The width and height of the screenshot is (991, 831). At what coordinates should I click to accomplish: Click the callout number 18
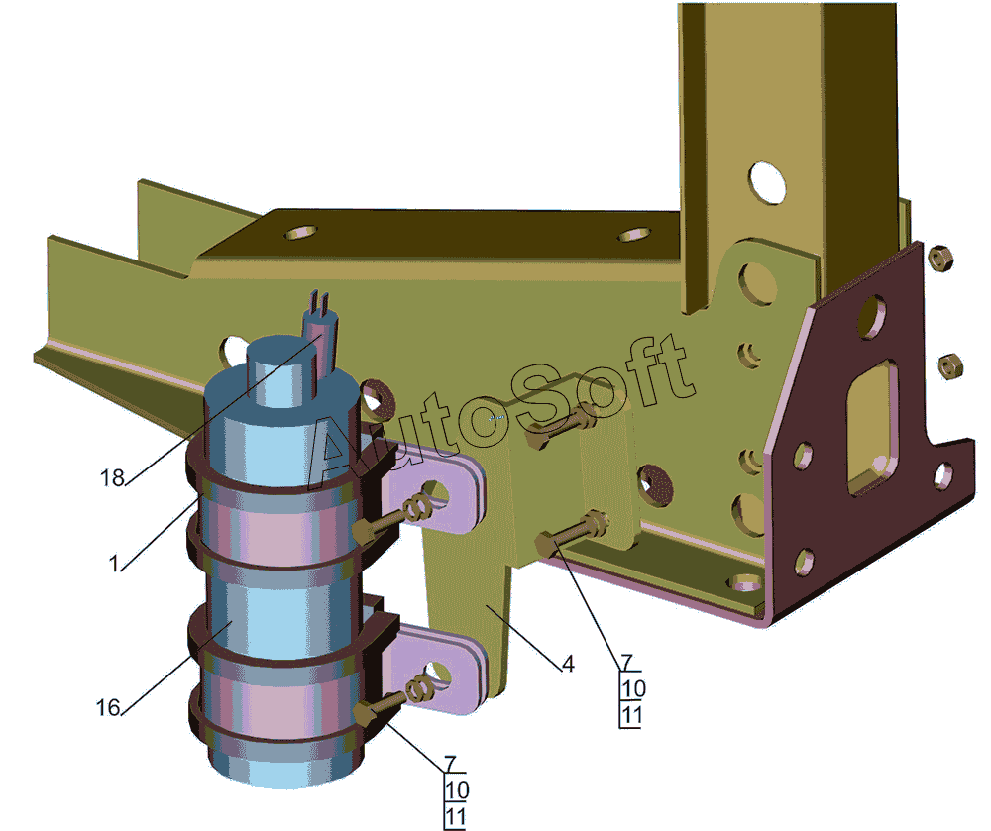tap(113, 478)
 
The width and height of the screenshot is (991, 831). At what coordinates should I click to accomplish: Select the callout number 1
tap(114, 564)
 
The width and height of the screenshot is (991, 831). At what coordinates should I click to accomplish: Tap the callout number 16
tap(107, 707)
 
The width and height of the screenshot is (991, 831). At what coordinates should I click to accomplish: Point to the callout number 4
tap(568, 664)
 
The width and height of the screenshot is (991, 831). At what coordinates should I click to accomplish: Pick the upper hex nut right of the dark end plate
tap(941, 257)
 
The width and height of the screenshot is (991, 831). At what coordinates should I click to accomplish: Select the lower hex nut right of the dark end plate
tap(950, 366)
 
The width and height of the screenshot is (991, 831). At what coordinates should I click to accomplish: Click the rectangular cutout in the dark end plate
tap(873, 427)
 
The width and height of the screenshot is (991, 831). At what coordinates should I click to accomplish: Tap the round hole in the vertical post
tap(767, 182)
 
